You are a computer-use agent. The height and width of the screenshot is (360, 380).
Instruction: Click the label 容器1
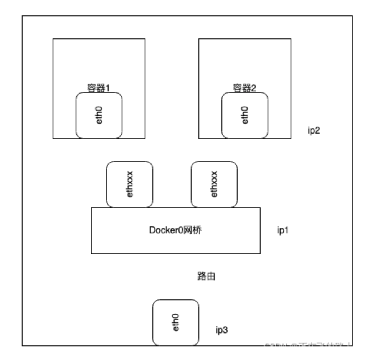point(99,88)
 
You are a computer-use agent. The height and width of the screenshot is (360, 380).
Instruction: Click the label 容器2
point(245,88)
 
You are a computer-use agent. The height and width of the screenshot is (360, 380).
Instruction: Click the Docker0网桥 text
point(175,230)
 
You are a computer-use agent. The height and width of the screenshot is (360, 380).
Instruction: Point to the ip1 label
point(283,231)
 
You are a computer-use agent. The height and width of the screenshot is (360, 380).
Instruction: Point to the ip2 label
point(314,130)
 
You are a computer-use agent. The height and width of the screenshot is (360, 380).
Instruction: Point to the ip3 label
point(221,330)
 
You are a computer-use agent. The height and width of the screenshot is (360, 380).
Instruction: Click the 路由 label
point(206,276)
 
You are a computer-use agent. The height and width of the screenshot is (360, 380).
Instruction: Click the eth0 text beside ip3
point(176,322)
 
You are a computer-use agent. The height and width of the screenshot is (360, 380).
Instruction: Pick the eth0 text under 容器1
point(99,115)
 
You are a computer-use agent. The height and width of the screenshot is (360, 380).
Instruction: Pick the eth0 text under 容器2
point(245,115)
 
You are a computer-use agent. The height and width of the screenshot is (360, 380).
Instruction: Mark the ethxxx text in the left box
point(129,184)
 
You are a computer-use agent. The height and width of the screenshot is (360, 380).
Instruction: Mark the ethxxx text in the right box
point(214,184)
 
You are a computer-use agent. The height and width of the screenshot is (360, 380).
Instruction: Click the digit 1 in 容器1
point(107,88)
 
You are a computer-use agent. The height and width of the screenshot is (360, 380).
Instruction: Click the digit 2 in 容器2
point(253,88)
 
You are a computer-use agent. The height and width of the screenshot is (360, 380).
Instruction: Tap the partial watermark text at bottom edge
point(307,345)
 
